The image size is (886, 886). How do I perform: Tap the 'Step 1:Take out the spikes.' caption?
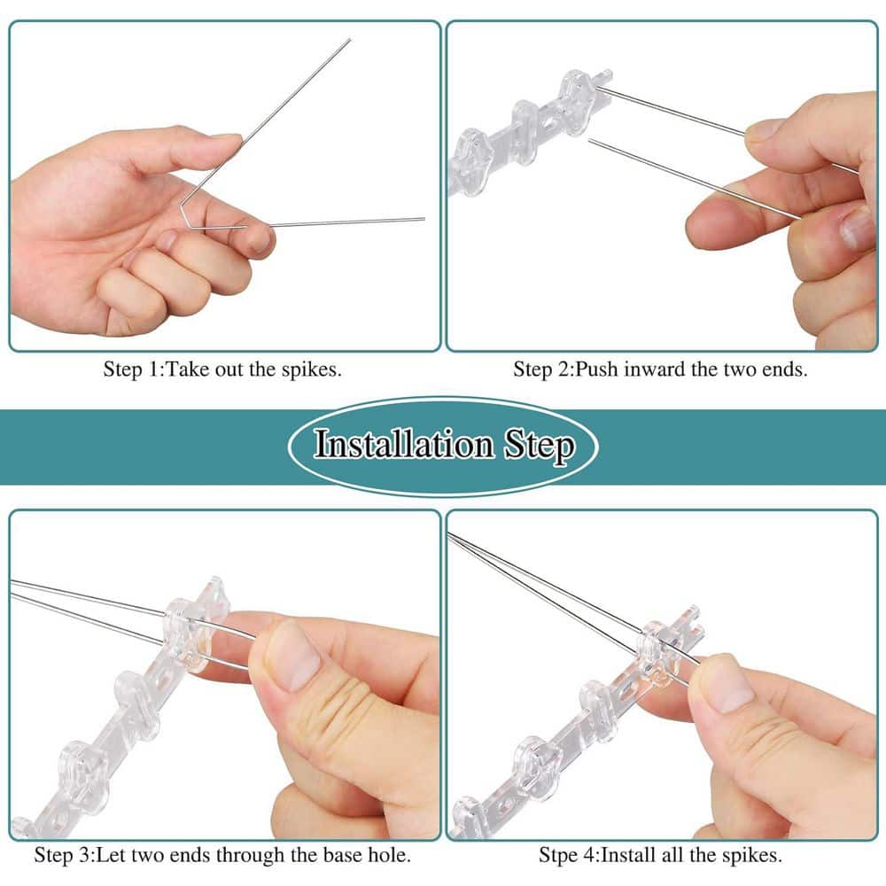point(222,369)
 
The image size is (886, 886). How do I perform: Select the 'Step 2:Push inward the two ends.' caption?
point(660,369)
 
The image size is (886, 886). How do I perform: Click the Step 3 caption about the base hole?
point(222,855)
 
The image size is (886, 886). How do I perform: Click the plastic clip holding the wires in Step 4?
point(660,654)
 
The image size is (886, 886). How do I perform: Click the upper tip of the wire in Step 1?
point(348,40)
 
